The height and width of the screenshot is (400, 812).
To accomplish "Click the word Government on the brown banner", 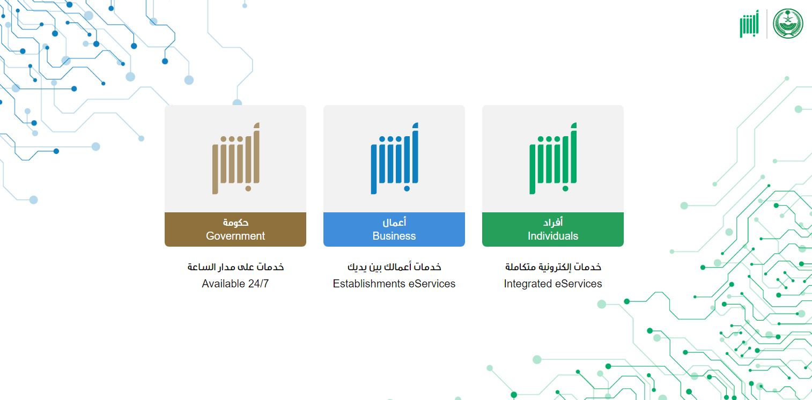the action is [235, 236].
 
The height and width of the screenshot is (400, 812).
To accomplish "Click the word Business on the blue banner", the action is [394, 236].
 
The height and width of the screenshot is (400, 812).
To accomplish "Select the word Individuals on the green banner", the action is [553, 236].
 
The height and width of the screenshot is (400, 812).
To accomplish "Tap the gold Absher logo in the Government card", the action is [236, 158].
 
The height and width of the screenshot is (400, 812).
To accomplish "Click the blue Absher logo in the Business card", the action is [394, 158].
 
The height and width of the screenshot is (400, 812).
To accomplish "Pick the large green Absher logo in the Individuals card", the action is [553, 158].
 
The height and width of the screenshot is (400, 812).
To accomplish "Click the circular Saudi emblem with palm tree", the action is [788, 24].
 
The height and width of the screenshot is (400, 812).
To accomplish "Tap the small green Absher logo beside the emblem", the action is [749, 24].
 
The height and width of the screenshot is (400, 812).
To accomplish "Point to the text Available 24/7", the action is [235, 284].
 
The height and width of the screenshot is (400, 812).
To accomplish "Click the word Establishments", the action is [369, 284].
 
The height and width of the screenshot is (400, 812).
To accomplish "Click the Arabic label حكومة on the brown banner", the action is [235, 222].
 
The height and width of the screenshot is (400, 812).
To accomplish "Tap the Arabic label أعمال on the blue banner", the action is [394, 222].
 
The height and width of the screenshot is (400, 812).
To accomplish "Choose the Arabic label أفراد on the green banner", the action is [553, 222].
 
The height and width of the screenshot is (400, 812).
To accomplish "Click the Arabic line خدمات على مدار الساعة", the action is [235, 267].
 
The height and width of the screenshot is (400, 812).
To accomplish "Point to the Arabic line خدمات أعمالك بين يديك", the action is [394, 267].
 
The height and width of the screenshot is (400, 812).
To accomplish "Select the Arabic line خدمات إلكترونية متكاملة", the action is [553, 267].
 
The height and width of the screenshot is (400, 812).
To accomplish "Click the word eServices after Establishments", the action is [432, 284].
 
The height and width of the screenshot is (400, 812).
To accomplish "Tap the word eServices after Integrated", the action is [577, 284].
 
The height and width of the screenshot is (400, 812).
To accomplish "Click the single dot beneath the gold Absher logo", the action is [248, 188].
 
